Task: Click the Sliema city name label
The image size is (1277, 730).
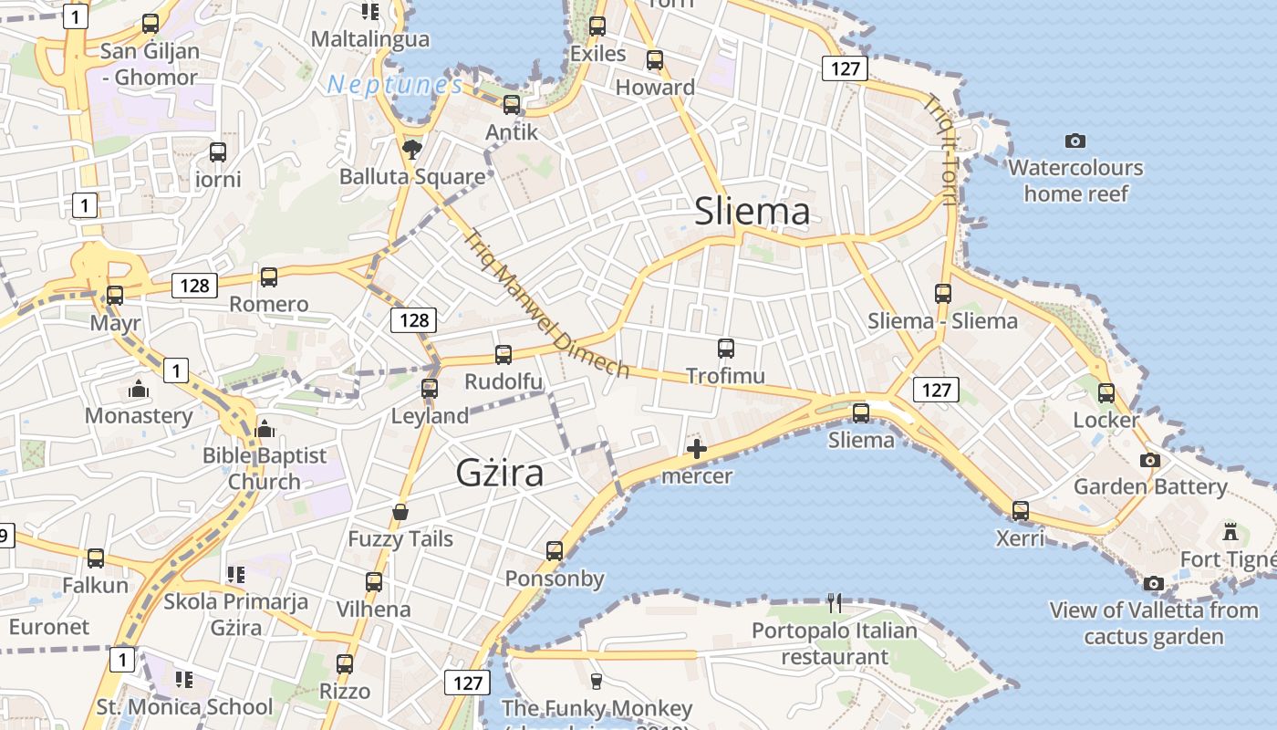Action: (752, 211)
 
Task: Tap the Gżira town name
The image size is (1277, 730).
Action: (500, 473)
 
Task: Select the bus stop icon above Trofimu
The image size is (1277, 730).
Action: (725, 348)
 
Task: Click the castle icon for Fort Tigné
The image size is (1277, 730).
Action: (1230, 531)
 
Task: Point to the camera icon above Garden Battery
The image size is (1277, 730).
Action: (1150, 460)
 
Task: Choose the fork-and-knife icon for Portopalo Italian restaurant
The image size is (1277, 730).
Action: (834, 603)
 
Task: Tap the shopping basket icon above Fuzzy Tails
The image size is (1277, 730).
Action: (400, 512)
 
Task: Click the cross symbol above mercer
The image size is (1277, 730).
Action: (697, 449)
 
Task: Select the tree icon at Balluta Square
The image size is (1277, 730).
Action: (412, 150)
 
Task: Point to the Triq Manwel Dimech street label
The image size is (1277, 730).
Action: (546, 303)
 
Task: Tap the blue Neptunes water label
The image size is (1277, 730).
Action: (395, 85)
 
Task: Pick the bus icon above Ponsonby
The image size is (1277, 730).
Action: (555, 550)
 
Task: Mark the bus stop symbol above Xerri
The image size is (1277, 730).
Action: (1020, 510)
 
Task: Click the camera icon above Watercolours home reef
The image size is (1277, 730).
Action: (1075, 141)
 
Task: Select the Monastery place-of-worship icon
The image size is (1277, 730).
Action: (139, 390)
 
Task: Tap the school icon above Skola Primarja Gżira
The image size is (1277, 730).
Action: (235, 574)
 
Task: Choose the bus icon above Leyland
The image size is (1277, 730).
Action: (430, 389)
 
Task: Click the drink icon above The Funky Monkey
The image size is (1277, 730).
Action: (597, 681)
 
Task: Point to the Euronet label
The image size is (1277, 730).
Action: (49, 627)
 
